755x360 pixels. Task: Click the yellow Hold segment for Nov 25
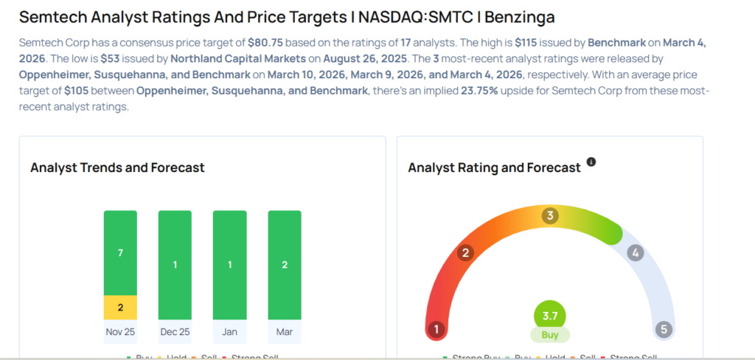click(x=120, y=307)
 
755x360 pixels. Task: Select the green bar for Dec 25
click(x=175, y=265)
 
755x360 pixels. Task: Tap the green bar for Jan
click(x=229, y=265)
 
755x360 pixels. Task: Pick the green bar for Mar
click(x=284, y=265)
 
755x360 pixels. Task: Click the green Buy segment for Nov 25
click(x=120, y=253)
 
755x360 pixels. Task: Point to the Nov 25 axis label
click(x=120, y=332)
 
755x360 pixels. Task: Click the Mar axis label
click(x=284, y=332)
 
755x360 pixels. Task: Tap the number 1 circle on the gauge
click(x=437, y=329)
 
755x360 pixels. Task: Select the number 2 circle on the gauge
click(x=465, y=253)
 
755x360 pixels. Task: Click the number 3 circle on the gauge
click(x=549, y=215)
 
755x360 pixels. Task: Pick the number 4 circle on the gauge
click(x=635, y=253)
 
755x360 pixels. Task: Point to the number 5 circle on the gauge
click(x=664, y=329)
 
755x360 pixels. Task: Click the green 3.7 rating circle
click(x=549, y=315)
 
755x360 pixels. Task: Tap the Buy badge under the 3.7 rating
click(x=549, y=335)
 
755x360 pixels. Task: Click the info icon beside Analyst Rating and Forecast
click(x=591, y=162)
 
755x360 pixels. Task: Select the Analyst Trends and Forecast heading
click(x=117, y=167)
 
